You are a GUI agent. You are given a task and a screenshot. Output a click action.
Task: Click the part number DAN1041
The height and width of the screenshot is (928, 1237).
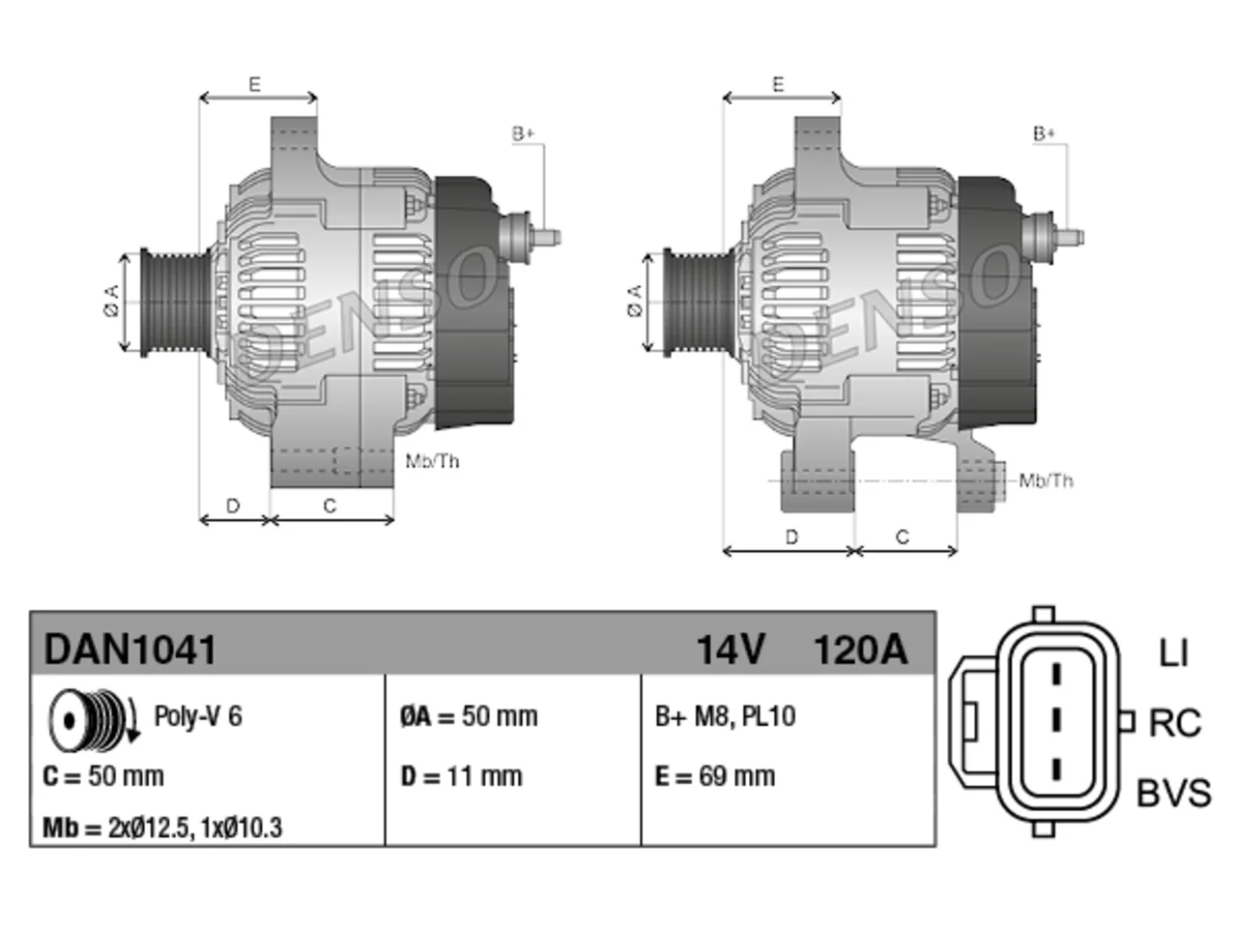pos(129,650)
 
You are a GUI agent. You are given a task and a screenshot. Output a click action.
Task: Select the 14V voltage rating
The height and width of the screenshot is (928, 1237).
pos(731,650)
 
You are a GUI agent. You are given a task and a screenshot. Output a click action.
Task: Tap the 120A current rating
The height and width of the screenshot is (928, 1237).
pos(860,650)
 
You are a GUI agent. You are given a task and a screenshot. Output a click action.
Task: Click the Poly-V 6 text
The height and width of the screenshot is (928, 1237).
pos(198,716)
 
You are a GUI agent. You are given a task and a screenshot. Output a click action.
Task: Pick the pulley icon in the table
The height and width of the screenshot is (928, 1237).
pos(93,719)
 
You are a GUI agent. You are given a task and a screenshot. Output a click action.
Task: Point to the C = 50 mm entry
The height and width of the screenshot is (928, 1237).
pos(103,776)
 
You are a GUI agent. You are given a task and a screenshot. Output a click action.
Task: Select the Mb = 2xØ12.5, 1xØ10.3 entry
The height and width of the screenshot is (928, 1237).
pos(162,827)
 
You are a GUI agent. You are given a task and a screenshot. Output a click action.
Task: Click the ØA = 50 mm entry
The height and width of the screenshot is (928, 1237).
pos(469,716)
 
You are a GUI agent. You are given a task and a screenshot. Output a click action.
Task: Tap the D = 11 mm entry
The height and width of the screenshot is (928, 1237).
pos(462,776)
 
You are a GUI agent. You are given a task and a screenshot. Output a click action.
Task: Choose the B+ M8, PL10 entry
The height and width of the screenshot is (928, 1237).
pos(726,716)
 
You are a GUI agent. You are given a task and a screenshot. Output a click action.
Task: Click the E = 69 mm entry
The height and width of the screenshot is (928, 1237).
pos(714,776)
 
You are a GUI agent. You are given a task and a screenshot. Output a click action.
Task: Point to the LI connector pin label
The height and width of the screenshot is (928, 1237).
pos(1173,653)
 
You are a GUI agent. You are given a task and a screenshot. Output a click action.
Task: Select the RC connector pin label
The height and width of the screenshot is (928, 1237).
pos(1174,723)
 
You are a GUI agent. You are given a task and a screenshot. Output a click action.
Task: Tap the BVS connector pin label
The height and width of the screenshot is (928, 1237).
pos(1173,793)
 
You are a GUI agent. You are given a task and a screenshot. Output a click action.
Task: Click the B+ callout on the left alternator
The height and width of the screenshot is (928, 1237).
pos(523,134)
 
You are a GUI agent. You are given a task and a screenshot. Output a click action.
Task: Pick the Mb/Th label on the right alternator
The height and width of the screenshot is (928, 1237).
pos(1046,480)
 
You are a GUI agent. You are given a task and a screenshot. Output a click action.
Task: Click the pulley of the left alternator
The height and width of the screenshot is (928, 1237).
pos(176,303)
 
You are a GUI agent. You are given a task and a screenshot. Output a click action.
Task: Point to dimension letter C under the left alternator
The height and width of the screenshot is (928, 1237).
pos(330,506)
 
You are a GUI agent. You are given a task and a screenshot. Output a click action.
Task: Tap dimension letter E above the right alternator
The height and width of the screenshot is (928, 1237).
pos(778,84)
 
